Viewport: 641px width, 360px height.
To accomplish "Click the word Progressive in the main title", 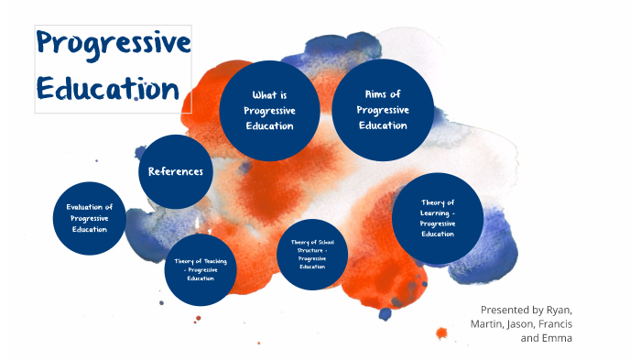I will coord(113,46).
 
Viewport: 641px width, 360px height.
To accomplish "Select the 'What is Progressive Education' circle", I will coord(269,110).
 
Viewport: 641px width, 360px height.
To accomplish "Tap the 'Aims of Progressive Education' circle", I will coord(383,109).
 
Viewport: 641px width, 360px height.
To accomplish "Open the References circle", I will coord(176,171).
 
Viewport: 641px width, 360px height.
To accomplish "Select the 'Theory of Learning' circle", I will coord(438,218).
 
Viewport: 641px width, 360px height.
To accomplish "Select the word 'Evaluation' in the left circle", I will coord(90,208).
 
